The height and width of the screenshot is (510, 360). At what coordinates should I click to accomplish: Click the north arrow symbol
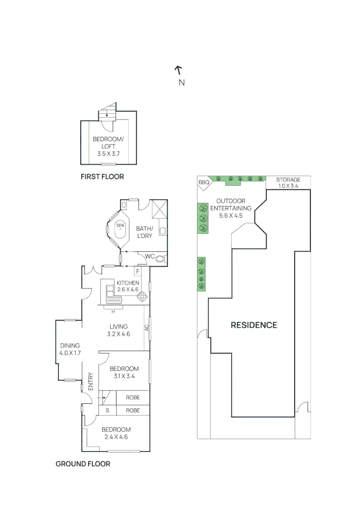178,70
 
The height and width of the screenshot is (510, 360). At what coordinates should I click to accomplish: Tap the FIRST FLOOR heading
102,177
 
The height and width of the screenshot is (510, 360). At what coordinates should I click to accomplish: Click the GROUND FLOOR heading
83,464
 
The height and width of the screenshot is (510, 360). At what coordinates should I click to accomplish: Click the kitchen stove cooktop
142,297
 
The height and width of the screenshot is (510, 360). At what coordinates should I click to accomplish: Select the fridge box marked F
138,272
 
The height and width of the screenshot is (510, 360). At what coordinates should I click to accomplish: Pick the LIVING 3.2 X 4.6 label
119,330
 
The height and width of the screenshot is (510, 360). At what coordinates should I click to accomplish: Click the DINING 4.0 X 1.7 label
69,349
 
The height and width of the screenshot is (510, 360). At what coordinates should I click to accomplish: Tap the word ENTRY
91,381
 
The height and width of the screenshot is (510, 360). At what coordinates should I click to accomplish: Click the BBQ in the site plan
203,182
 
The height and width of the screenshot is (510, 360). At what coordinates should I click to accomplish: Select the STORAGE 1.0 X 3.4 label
288,183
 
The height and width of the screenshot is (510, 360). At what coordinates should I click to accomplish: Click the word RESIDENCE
253,325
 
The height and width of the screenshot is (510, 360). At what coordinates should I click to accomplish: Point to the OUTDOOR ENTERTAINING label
231,208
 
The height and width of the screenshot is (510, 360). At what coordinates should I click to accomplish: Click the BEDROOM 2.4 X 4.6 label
116,433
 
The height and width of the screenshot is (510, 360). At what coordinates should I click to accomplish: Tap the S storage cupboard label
107,410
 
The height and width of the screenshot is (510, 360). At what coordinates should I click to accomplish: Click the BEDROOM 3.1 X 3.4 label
124,372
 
